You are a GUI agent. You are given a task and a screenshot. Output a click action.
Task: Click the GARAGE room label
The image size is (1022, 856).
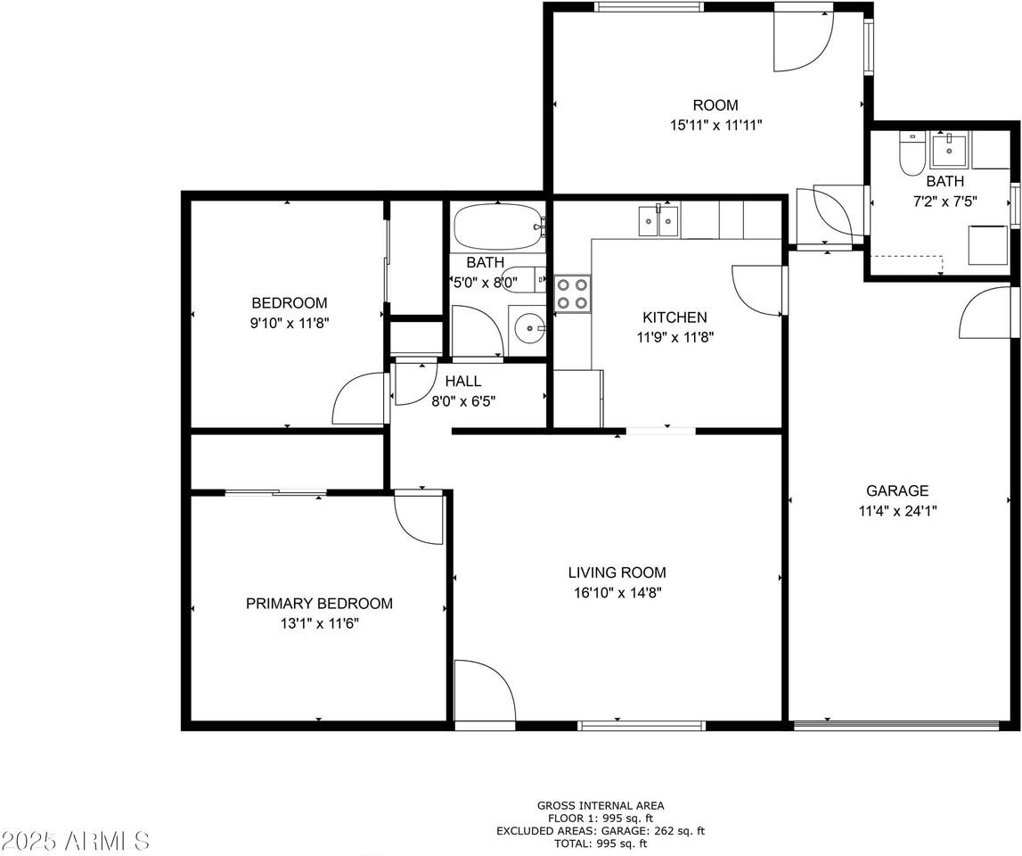click(x=897, y=490)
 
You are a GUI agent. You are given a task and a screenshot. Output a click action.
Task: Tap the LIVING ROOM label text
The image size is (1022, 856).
click(x=617, y=572)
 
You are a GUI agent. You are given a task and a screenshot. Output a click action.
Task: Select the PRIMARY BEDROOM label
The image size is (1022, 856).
click(x=319, y=604)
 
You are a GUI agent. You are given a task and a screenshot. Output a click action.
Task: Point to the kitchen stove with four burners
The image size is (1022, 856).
click(x=572, y=293)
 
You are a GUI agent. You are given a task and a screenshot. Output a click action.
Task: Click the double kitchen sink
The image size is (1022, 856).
click(x=658, y=220)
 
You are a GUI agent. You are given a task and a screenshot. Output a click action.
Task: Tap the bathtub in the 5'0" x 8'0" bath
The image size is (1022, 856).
click(x=497, y=227)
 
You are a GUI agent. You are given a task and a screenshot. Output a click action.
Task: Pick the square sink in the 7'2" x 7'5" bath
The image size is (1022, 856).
click(x=950, y=150)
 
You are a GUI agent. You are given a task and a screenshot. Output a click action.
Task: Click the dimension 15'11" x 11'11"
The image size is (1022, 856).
click(x=715, y=126)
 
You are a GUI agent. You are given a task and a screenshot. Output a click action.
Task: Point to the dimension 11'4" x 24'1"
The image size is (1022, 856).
click(x=897, y=511)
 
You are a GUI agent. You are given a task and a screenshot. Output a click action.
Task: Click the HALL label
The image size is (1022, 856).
click(x=463, y=382)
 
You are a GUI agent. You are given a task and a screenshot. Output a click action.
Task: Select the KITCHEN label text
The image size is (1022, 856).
click(x=675, y=317)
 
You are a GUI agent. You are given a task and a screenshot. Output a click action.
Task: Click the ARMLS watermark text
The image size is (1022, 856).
click(x=76, y=840)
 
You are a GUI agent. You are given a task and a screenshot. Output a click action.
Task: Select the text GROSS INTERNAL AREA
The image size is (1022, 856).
click(x=600, y=805)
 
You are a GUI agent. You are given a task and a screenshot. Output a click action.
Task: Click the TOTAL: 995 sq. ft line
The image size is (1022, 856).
click(x=600, y=843)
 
